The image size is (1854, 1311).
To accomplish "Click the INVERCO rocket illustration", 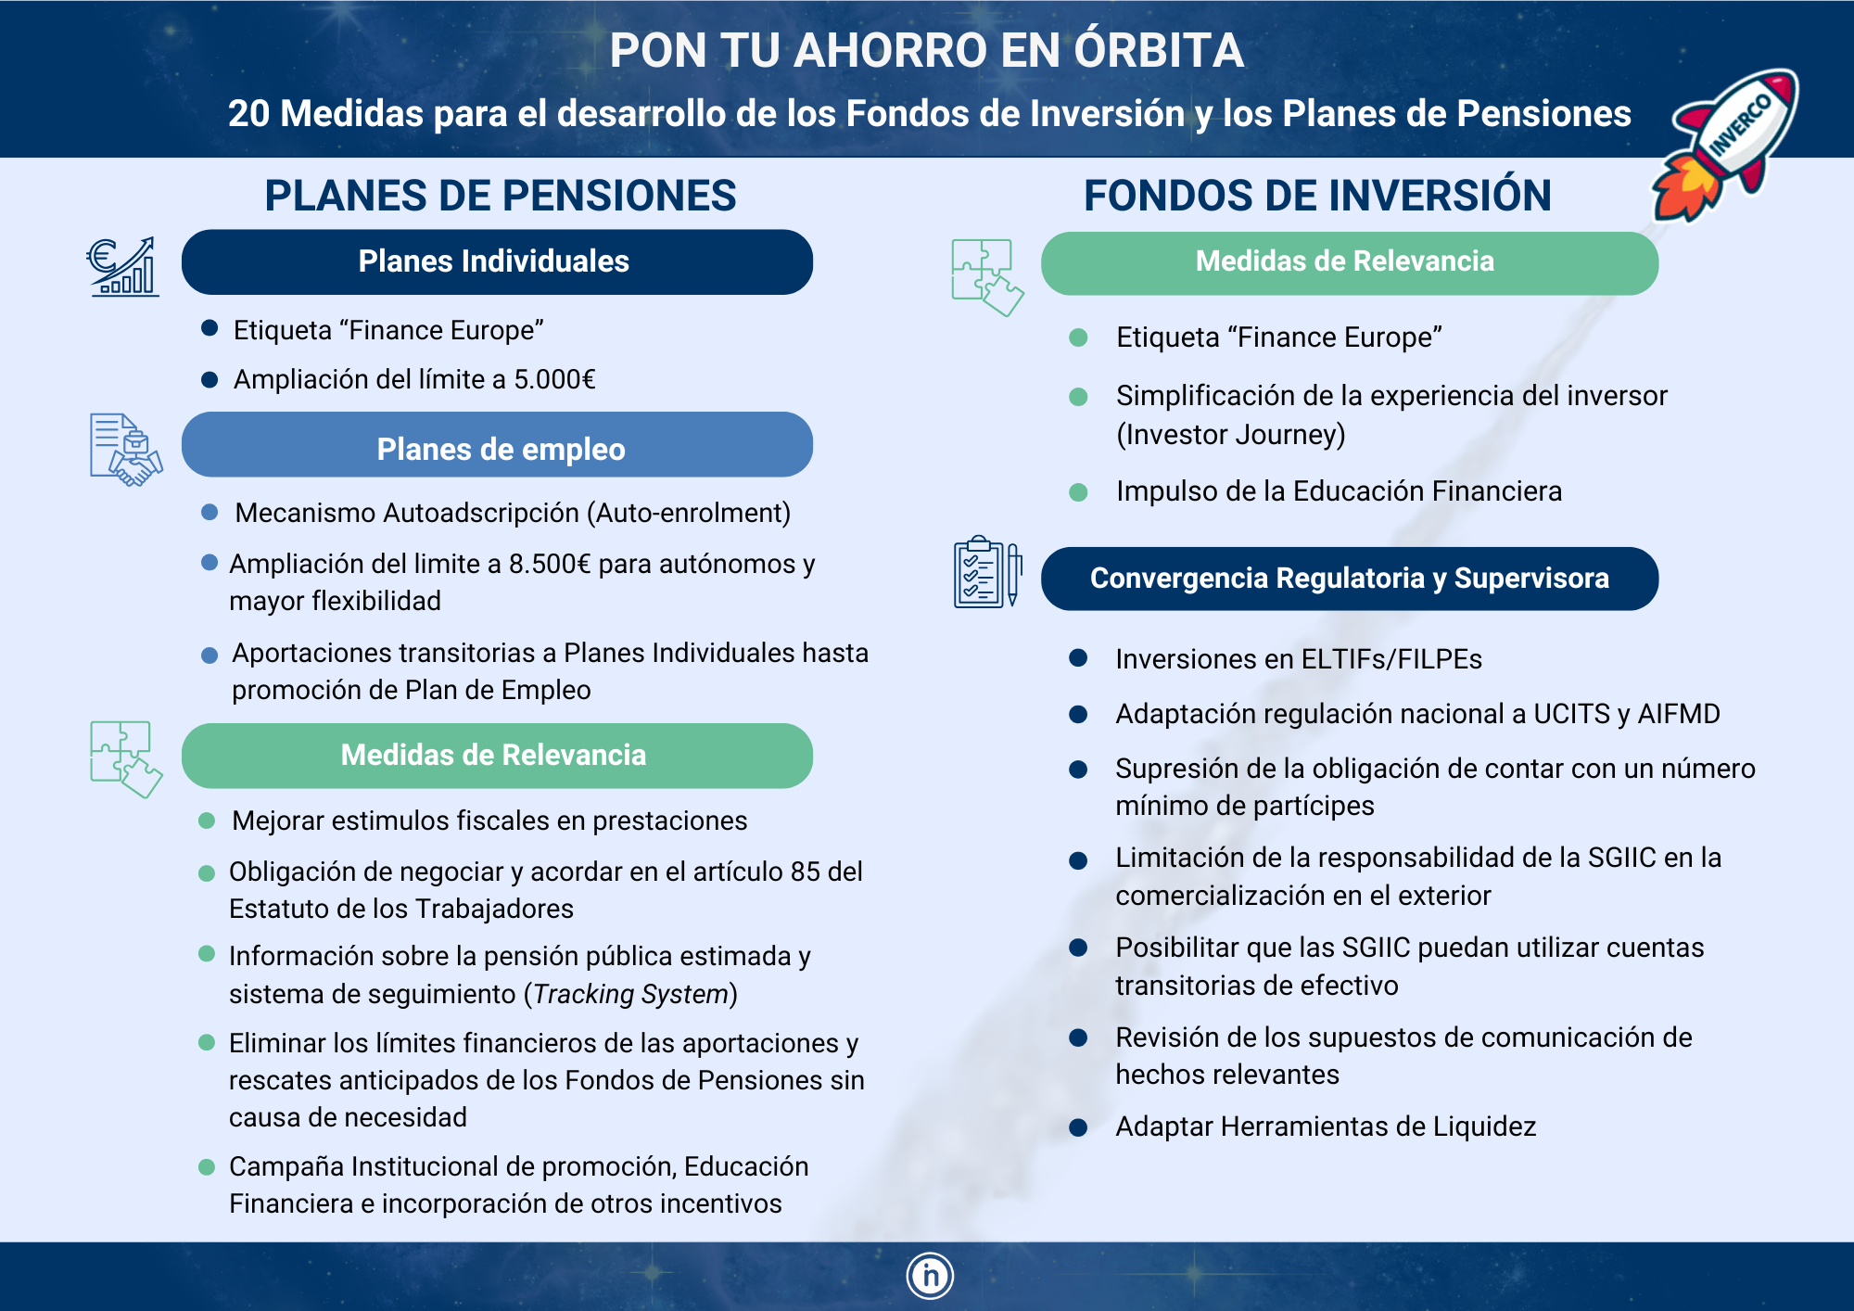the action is click(x=1726, y=146).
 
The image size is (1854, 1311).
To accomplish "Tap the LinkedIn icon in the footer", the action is click(x=930, y=1276).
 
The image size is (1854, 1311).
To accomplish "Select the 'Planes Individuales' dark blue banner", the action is click(x=497, y=261).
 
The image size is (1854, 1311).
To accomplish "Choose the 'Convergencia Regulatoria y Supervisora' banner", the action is click(x=1350, y=579).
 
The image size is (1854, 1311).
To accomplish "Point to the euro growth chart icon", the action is click(x=122, y=266).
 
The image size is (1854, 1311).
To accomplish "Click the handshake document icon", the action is click(x=126, y=450).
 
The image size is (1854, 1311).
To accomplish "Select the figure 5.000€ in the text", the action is click(x=554, y=379).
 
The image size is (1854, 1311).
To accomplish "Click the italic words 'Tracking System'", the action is click(x=630, y=994).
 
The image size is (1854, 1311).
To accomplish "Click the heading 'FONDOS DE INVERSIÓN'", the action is click(x=1317, y=196).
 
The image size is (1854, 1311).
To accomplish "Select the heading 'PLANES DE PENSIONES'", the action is click(x=501, y=196).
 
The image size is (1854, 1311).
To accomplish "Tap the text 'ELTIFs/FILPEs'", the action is click(x=1391, y=659).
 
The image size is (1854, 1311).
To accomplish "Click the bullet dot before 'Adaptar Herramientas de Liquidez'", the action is click(x=1078, y=1127).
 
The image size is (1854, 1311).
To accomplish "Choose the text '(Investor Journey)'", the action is click(x=1230, y=435).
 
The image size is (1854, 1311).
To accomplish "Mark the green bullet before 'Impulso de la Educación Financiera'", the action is click(x=1078, y=492).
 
